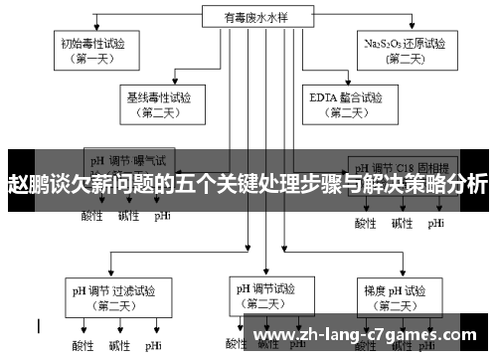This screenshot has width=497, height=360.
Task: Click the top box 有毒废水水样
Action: pos(247,15)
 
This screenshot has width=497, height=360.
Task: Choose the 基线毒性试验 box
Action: pos(160,105)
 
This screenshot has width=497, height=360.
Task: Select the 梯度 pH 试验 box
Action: pos(395,298)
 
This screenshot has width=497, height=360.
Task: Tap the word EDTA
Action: pos(321,98)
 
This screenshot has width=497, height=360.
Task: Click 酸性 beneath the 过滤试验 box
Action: pos(82,346)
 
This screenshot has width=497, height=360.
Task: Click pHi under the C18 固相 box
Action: pos(436,224)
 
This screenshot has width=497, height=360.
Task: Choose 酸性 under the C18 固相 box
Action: pos(366,224)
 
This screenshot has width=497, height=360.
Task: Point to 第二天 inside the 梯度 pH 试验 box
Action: pos(395,306)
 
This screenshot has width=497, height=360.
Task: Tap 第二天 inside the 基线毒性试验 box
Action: pos(160,113)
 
